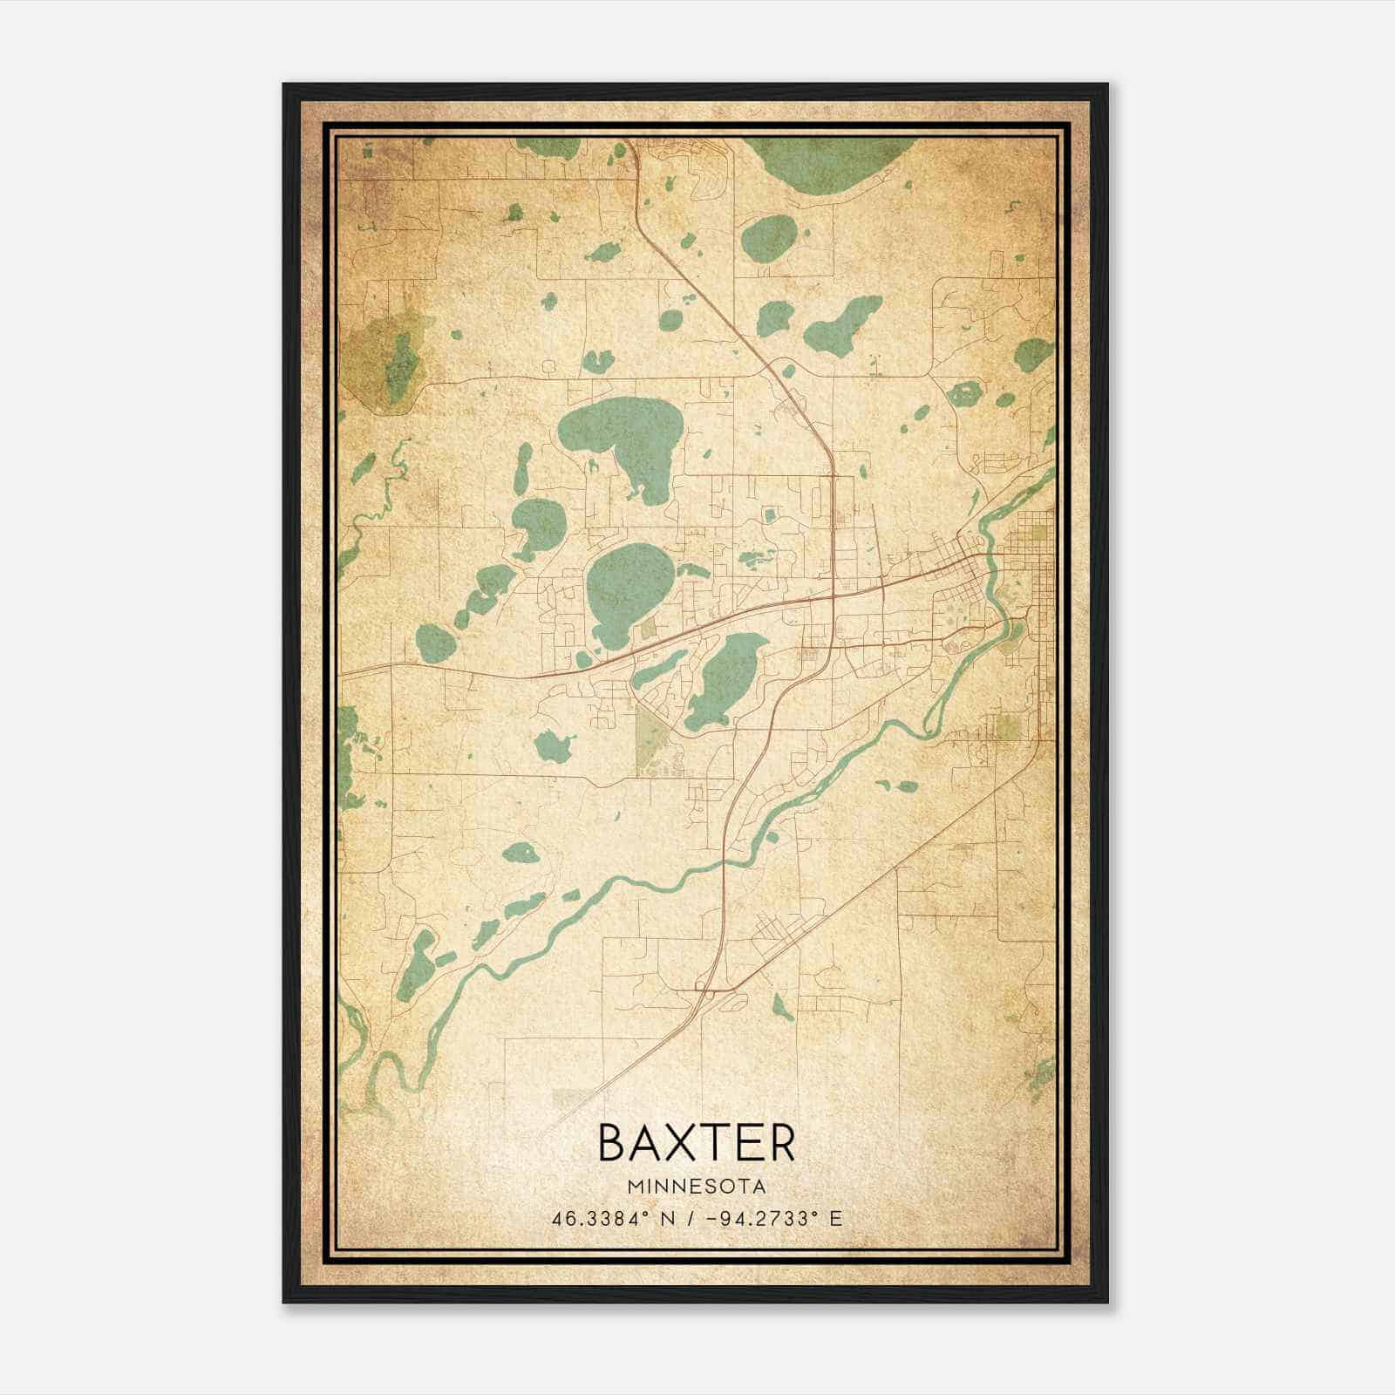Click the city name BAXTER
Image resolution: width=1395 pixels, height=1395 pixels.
(697, 1143)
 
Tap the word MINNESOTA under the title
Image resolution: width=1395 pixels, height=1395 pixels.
(697, 1187)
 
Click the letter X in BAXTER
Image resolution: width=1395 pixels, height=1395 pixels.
(697, 1143)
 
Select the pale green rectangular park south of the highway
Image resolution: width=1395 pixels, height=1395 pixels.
(650, 741)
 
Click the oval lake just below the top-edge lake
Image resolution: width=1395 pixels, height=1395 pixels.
(769, 238)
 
